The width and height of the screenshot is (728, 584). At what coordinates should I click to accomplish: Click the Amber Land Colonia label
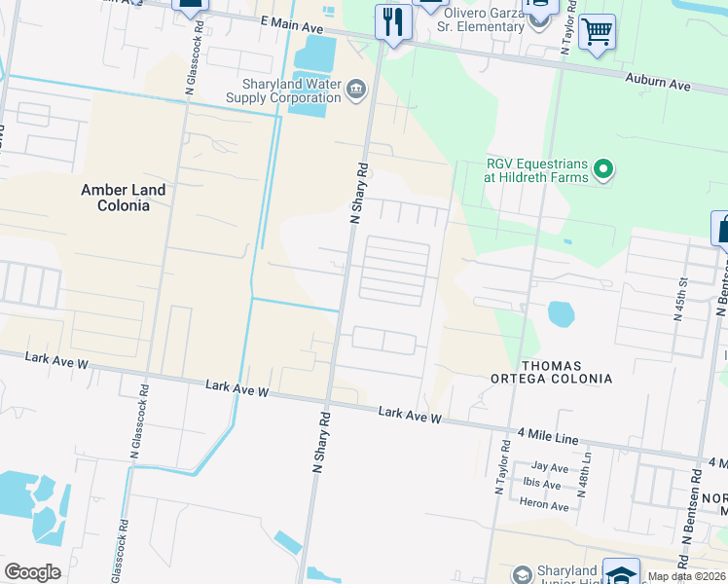(x=123, y=198)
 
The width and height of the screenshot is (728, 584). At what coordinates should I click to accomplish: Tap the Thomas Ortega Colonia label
(x=566, y=372)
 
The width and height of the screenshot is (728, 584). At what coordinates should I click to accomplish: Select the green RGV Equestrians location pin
(x=604, y=170)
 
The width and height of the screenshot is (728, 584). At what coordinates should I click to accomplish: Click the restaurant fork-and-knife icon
(x=393, y=22)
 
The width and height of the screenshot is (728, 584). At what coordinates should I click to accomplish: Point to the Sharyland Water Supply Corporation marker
(x=355, y=91)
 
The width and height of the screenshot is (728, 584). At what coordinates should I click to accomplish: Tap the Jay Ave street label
(x=550, y=467)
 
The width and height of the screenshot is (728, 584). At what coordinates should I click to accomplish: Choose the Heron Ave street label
(x=545, y=505)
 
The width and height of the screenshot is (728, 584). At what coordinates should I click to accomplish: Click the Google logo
(x=32, y=572)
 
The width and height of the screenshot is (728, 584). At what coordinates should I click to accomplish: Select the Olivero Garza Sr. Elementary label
(x=483, y=19)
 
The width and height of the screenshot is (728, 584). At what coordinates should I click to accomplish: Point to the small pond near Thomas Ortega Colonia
(x=561, y=313)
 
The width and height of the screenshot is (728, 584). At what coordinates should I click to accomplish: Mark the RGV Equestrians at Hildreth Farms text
(x=538, y=170)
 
